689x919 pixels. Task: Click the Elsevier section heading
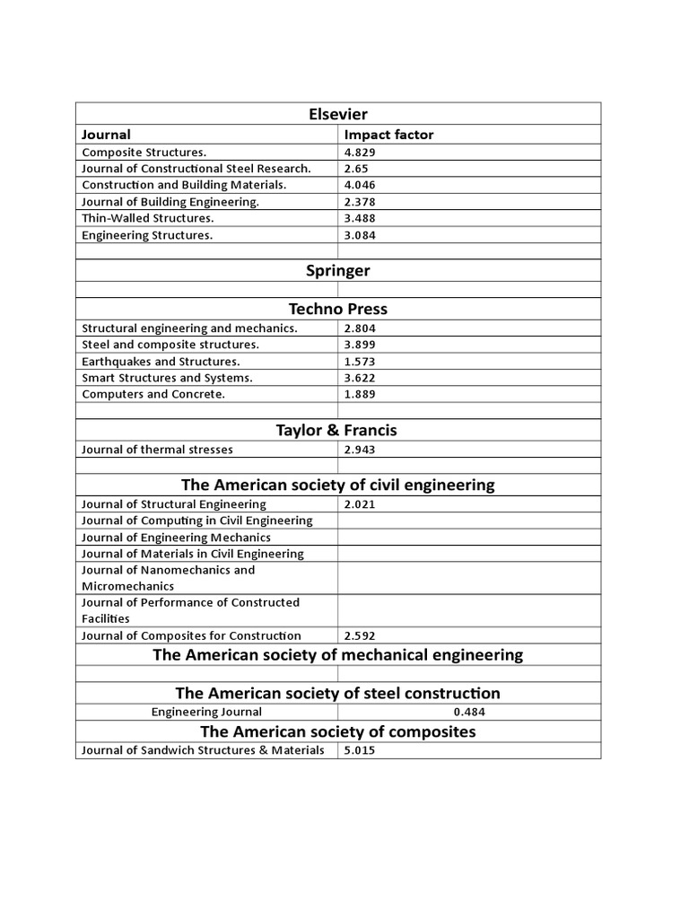[x=337, y=114]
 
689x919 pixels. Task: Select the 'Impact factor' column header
[x=388, y=135]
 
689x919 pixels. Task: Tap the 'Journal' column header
[x=106, y=135]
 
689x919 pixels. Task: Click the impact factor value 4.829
[x=361, y=153]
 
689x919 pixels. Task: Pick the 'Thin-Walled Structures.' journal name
[x=148, y=218]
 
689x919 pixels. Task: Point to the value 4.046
[x=361, y=185]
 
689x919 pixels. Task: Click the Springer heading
[x=337, y=270]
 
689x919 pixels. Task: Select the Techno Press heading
[x=337, y=309]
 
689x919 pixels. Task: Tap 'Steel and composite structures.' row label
[x=170, y=345]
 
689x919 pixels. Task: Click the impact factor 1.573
[x=361, y=361]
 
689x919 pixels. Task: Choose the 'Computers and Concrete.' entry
[x=153, y=394]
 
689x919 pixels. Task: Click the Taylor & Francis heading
[x=337, y=430]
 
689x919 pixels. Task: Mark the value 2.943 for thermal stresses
[x=361, y=450]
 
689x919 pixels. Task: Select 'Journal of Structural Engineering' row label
[x=174, y=504]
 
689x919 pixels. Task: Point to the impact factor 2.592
[x=361, y=636]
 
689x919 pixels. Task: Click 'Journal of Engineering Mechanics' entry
[x=176, y=538]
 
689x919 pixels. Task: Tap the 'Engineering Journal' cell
[x=206, y=712]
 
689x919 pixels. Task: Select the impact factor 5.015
[x=361, y=750]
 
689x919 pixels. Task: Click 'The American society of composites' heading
[x=337, y=731]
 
